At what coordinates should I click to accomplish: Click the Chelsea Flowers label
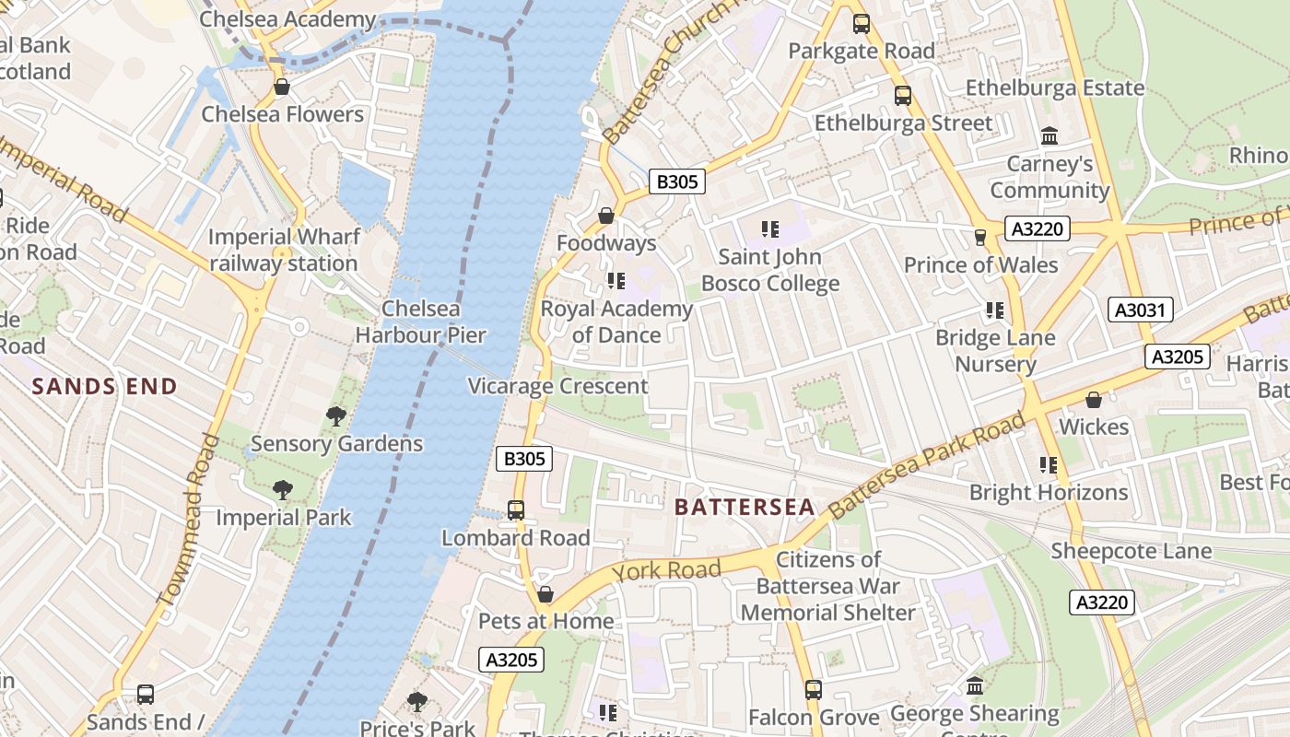(283, 114)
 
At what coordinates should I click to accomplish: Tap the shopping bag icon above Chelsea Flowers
(282, 88)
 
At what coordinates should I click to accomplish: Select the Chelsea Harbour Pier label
(421, 322)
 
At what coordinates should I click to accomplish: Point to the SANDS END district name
(104, 386)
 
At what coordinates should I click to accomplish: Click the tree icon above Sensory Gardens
(336, 416)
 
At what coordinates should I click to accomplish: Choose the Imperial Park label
(284, 517)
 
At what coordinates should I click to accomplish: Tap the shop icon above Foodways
(606, 216)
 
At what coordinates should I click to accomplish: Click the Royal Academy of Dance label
(616, 322)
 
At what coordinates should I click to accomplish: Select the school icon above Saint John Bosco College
(770, 228)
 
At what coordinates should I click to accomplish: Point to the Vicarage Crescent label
(558, 386)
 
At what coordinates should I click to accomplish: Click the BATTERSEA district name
(745, 507)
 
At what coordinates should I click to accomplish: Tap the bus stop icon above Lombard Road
(516, 510)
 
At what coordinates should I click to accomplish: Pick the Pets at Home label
(545, 621)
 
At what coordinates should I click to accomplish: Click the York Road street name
(667, 571)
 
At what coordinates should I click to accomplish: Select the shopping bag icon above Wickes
(1094, 400)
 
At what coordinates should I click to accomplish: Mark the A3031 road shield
(1140, 310)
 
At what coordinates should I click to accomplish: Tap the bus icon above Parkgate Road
(862, 24)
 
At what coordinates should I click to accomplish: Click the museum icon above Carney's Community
(1049, 136)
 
